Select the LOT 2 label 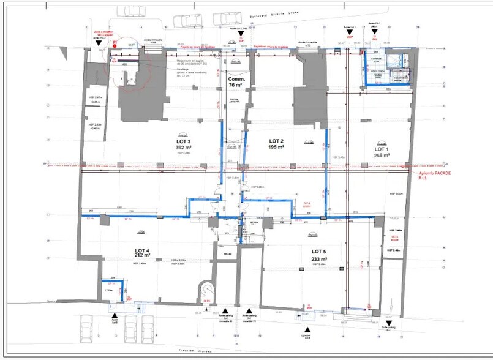[x=277, y=140]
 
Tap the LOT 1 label [x=382, y=149]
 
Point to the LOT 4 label [x=145, y=250]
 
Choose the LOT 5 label [x=321, y=252]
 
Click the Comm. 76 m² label [x=236, y=80]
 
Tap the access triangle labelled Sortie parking [x=390, y=323]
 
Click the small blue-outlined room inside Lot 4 [x=113, y=290]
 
